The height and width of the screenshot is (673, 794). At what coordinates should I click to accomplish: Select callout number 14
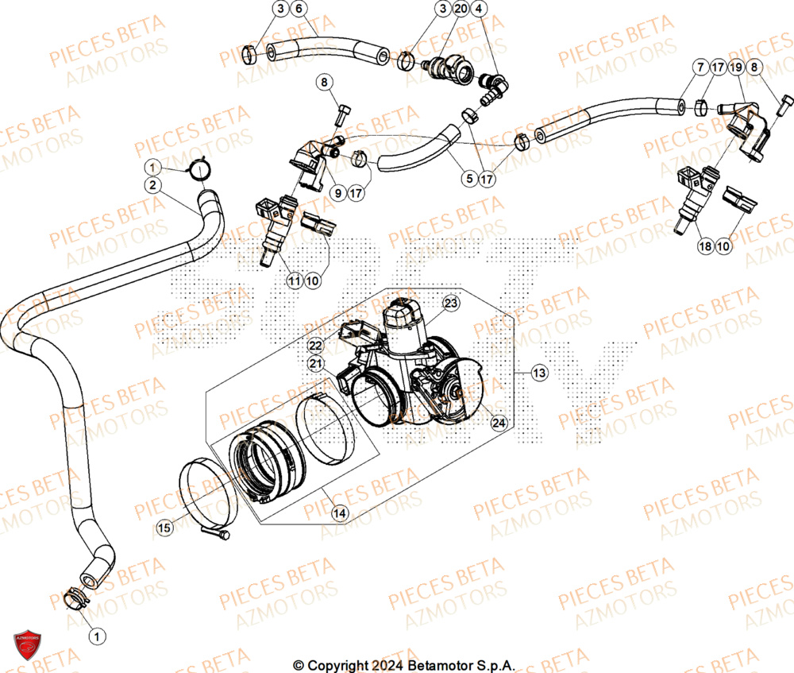tap(340, 513)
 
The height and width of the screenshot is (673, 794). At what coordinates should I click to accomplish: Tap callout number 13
tap(540, 372)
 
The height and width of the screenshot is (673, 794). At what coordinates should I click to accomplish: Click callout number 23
tap(451, 303)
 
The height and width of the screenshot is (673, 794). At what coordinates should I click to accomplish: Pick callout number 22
tap(316, 344)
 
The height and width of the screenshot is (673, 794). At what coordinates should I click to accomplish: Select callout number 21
tap(316, 363)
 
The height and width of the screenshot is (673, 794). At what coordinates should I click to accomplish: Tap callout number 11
tap(295, 280)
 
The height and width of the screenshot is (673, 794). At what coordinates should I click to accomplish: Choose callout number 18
tap(705, 247)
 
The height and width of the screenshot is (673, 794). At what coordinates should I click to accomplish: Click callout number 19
tap(735, 68)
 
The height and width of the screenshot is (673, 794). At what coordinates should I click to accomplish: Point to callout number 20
tap(461, 9)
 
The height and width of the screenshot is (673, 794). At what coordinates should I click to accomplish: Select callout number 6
tap(299, 9)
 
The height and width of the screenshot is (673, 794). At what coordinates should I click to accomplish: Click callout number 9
tap(337, 192)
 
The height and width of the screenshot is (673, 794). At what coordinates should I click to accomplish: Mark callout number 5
tap(468, 180)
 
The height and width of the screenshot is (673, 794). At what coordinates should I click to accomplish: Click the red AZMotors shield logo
tap(27, 644)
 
